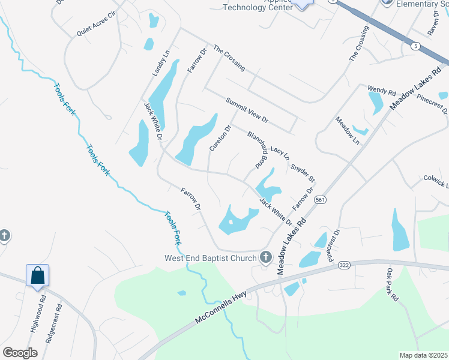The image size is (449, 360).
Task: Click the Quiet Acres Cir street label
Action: point(95,25)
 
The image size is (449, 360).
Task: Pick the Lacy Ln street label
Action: point(280,152)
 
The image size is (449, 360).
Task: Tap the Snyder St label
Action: point(303,171)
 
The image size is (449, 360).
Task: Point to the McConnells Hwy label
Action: point(231,305)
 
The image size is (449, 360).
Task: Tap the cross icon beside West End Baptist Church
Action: point(266,258)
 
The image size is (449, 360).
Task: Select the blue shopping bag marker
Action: point(37,275)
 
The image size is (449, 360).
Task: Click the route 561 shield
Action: point(322,200)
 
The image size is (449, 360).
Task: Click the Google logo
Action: point(20,353)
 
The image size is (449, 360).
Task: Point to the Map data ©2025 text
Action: point(423,355)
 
